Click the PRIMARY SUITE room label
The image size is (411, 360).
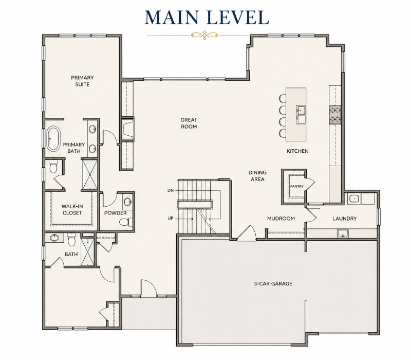pos(82,81)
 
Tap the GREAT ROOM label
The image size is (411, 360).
pos(189,123)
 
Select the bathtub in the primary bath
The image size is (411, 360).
pos(53,138)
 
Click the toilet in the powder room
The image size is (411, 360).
pos(125,222)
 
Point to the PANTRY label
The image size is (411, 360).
pos(297,186)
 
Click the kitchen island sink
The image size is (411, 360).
pos(301,114)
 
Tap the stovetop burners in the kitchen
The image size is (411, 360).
pos(335,114)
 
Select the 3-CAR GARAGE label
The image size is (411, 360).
pos(273,284)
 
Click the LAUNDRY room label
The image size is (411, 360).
pos(344,219)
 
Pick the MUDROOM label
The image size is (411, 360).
pos(281,219)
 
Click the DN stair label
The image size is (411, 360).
pos(171,190)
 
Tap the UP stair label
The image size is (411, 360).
pos(171,218)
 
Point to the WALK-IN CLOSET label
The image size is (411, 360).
pos(72,210)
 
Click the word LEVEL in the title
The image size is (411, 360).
pos(238,17)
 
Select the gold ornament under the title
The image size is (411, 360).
pos(204,35)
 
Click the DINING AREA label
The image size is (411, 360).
pos(257,176)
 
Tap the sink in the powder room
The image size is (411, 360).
pos(128,202)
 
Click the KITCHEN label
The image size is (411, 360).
pos(297,151)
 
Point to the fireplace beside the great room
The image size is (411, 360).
pos(127,130)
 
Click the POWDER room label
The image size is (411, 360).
pos(115,213)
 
